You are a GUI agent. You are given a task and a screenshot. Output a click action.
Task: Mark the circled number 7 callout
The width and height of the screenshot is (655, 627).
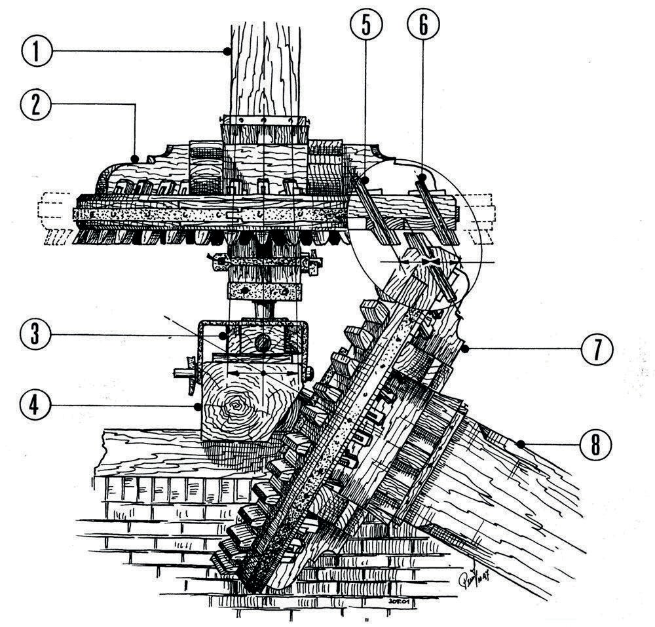pyautogui.click(x=596, y=351)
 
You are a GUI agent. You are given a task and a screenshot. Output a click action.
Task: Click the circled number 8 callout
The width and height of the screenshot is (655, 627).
pyautogui.click(x=596, y=445)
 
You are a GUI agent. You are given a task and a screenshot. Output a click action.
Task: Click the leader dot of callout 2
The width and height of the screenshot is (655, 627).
pyautogui.click(x=133, y=158)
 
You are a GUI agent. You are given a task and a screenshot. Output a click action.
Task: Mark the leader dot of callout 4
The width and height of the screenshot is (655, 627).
pyautogui.click(x=197, y=406)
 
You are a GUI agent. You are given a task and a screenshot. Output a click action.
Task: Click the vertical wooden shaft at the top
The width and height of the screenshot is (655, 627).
pyautogui.click(x=265, y=66)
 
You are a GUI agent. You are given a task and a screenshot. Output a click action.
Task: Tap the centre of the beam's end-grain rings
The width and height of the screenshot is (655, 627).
pyautogui.click(x=234, y=409)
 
